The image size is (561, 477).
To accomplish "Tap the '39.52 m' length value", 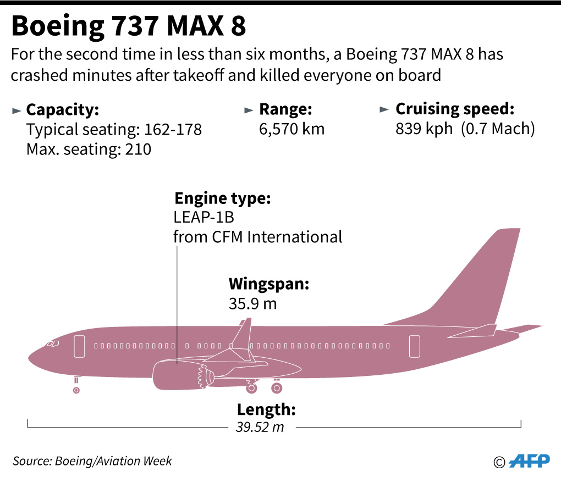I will (261, 426).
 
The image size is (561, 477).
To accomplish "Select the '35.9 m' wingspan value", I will (252, 303).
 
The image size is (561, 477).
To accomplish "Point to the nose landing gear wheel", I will (76, 390).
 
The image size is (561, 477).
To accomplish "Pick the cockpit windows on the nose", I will (53, 343).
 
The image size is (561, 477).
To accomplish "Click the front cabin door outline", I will (79, 346).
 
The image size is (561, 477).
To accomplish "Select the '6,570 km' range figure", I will (291, 129).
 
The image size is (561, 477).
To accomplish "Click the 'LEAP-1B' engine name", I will (204, 218).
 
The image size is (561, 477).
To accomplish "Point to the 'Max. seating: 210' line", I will (89, 148).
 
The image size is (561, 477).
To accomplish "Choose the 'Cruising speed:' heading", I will (455, 109).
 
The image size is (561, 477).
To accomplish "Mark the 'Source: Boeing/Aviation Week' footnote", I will (92, 461).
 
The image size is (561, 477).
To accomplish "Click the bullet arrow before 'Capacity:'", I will (16, 110).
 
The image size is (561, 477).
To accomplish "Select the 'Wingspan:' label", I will (269, 284).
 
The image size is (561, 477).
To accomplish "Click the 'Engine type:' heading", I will (222, 198).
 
